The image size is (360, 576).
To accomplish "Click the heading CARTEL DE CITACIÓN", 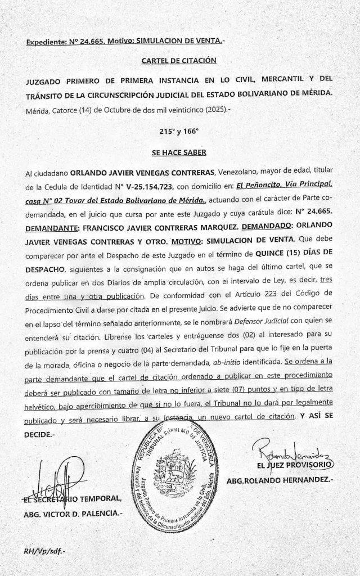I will click(x=179, y=61).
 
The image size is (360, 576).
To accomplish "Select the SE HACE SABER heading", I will click(x=179, y=152).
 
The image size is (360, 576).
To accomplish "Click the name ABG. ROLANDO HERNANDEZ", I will click(x=280, y=482).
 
